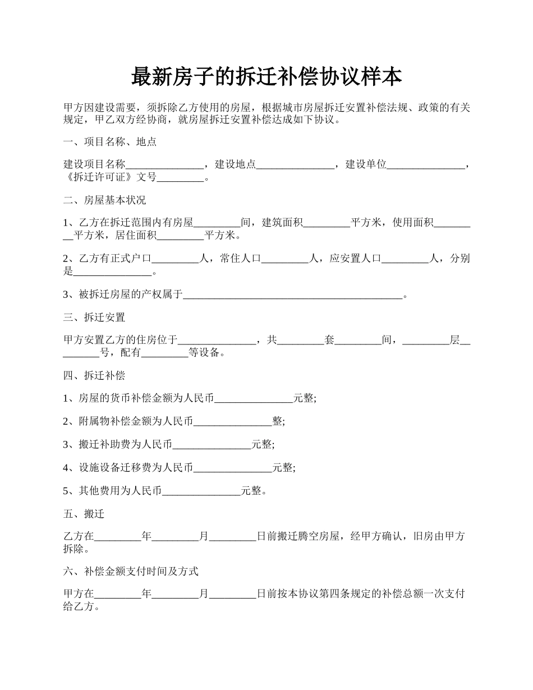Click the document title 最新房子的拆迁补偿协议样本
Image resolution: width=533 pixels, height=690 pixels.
click(266, 77)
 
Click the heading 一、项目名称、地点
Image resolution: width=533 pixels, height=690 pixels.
click(110, 142)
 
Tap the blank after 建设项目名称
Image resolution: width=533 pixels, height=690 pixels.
click(164, 165)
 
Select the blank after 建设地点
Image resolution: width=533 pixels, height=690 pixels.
click(296, 165)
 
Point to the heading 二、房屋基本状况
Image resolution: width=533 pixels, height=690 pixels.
click(105, 200)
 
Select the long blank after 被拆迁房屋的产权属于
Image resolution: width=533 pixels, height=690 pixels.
click(293, 295)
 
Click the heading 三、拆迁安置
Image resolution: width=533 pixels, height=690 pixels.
click(94, 318)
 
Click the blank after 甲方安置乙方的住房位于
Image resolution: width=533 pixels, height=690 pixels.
click(217, 340)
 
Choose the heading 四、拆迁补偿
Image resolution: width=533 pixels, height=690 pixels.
click(94, 376)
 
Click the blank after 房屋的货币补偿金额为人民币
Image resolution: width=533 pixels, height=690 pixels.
click(254, 398)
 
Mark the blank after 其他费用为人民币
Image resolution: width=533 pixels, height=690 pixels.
click(201, 491)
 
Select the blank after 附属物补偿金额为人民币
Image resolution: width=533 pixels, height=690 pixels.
click(233, 421)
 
